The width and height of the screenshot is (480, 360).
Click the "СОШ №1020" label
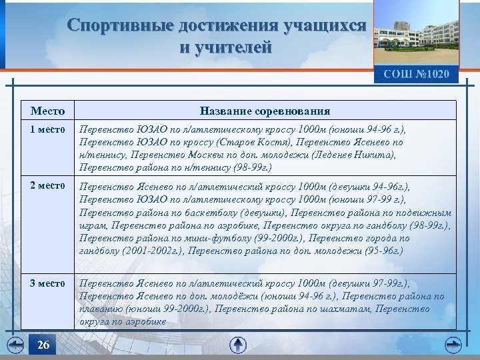pyautogui.click(x=416, y=73)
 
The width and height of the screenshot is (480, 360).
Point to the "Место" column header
pyautogui.click(x=49, y=111)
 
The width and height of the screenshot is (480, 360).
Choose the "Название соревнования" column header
pyautogui.click(x=265, y=111)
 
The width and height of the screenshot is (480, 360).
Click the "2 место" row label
pyautogui.click(x=49, y=185)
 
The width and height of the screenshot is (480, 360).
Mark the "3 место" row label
pyautogui.click(x=49, y=284)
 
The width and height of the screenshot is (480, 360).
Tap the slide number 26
pyautogui.click(x=43, y=345)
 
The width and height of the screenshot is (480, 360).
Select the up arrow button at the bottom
pyautogui.click(x=238, y=345)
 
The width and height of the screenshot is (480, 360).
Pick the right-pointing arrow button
pyautogui.click(x=453, y=345)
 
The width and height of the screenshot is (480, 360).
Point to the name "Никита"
pyautogui.click(x=377, y=155)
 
